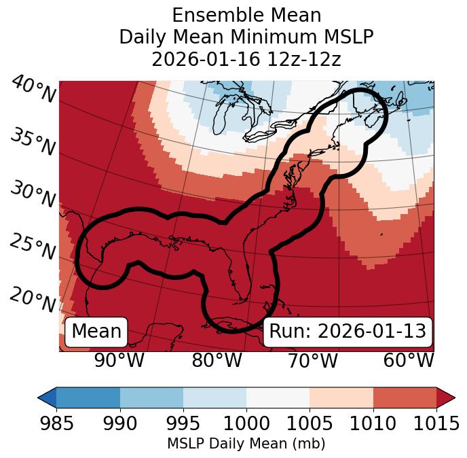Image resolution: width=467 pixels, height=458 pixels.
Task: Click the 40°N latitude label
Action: pyautogui.click(x=33, y=90)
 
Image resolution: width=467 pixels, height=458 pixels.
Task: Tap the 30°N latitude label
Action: pyautogui.click(x=33, y=195)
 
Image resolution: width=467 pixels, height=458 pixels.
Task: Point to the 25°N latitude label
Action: pyautogui.click(x=33, y=247)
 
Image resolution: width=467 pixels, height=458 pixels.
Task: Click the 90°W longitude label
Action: pyautogui.click(x=119, y=360)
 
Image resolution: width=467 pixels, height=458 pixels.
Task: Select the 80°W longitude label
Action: pyautogui.click(x=217, y=360)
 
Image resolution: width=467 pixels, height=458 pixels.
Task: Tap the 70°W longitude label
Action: pyautogui.click(x=313, y=360)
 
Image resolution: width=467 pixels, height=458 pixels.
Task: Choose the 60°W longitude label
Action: pyautogui.click(x=409, y=360)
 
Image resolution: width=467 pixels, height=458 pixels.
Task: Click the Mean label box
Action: pyautogui.click(x=96, y=332)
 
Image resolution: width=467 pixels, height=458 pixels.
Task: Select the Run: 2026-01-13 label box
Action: pyautogui.click(x=348, y=332)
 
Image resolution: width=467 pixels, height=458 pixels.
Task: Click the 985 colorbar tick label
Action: pyautogui.click(x=56, y=423)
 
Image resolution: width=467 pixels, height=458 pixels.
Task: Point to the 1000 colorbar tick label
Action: pyautogui.click(x=246, y=423)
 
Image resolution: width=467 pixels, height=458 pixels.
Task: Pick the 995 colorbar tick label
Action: pyautogui.click(x=183, y=423)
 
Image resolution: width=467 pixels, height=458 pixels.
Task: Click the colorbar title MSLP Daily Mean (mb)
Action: pyautogui.click(x=246, y=444)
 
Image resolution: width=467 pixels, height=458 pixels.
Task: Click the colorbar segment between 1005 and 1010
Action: pyautogui.click(x=341, y=397)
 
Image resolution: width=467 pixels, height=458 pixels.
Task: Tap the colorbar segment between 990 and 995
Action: pyautogui.click(x=151, y=397)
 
